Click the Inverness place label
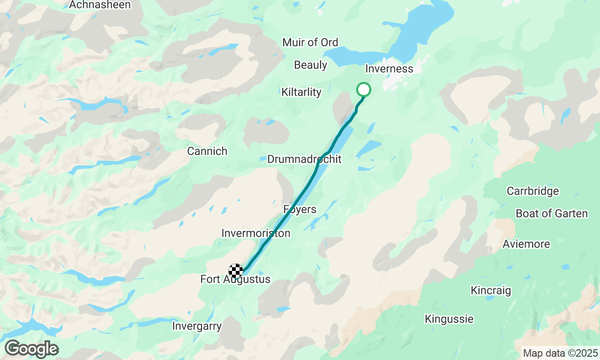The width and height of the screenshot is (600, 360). [x=389, y=69]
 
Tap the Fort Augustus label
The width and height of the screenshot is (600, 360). [x=235, y=279]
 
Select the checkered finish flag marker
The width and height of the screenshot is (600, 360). [x=236, y=270]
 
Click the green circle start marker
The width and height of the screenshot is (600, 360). [x=364, y=89]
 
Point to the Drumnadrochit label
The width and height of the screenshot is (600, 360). [x=304, y=159]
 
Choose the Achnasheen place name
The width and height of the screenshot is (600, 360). [x=100, y=5]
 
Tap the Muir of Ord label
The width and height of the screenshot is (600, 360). [x=310, y=43]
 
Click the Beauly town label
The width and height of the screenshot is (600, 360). [x=310, y=65]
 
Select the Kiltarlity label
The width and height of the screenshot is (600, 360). [x=301, y=92]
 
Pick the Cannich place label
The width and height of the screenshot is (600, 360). [x=207, y=151]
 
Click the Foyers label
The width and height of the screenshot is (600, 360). [x=300, y=210]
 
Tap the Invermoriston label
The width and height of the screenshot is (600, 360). [x=255, y=233]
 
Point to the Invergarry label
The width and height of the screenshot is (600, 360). [x=197, y=326]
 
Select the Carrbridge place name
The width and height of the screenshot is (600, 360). [x=532, y=191]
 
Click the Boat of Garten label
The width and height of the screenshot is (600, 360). [x=551, y=214]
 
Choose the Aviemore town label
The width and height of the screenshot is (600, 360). [x=526, y=244]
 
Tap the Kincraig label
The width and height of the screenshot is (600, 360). [x=491, y=291]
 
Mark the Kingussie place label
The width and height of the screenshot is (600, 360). [x=449, y=319]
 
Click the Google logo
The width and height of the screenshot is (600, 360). [x=31, y=349]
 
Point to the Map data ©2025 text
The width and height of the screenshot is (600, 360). [x=560, y=353]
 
